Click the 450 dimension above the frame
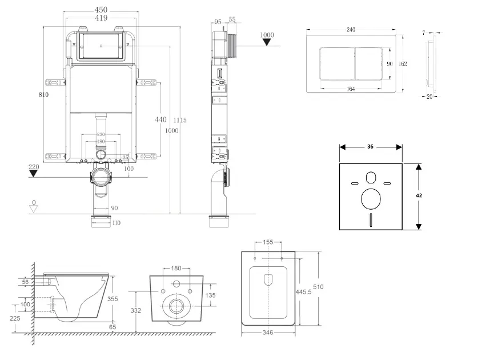101,10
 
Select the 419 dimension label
101,18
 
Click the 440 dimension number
161,120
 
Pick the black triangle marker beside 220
34,173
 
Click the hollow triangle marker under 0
34,209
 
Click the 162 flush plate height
403,64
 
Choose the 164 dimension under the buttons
351,89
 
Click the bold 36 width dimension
370,147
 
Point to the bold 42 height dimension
419,195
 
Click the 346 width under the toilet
268,333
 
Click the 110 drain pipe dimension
116,223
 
